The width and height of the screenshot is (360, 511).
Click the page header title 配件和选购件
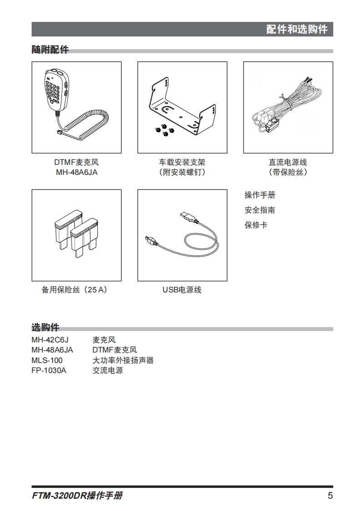tap(296, 29)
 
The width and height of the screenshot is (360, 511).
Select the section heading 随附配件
tap(50, 50)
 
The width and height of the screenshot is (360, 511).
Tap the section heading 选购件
tap(46, 327)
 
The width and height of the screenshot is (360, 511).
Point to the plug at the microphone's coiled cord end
tap(60, 132)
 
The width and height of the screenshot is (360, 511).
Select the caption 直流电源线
tap(288, 162)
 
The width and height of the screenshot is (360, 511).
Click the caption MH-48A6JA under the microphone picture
tap(76, 173)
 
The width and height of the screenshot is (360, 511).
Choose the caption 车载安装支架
tap(182, 162)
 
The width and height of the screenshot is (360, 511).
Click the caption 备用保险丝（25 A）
tap(75, 290)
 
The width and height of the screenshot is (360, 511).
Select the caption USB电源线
tap(182, 290)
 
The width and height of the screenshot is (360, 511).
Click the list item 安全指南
tap(260, 210)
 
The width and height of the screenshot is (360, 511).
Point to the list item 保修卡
tap(256, 225)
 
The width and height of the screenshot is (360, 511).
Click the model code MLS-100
tap(47, 360)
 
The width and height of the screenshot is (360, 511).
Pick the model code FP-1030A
tap(49, 371)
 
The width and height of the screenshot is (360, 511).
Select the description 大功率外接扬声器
tap(123, 360)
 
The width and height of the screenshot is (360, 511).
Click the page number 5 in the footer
tap(330, 496)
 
